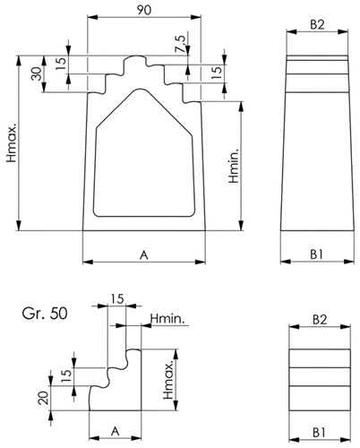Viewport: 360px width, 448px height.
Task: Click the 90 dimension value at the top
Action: coord(144,10)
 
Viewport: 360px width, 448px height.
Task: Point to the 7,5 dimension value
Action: coord(181,44)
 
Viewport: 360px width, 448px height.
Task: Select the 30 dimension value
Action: coord(37,73)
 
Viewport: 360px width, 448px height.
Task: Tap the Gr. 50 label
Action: coord(45,314)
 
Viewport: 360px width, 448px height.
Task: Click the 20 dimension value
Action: coord(44,398)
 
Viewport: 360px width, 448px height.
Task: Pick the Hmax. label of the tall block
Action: coord(12,145)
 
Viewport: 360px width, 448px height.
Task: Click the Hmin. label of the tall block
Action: coord(234,165)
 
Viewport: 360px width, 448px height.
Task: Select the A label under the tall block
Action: coord(144,255)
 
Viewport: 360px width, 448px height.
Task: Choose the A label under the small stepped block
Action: coord(116,431)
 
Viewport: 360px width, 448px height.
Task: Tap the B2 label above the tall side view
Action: coord(317,24)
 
